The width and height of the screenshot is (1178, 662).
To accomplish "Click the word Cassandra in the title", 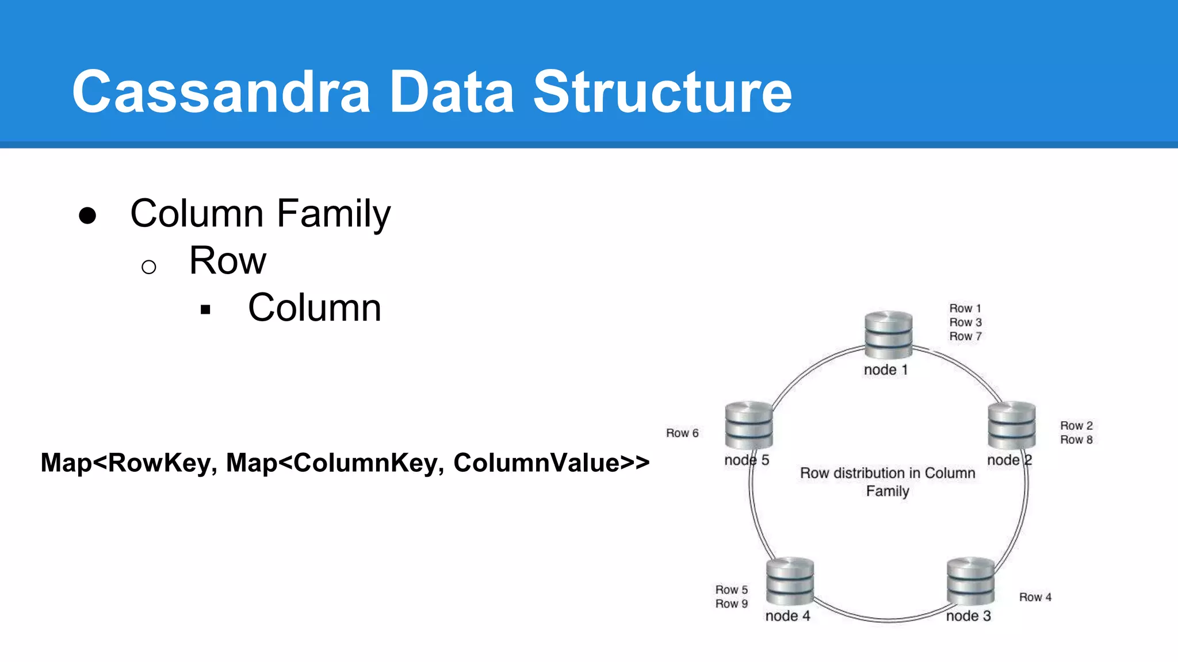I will (x=221, y=92).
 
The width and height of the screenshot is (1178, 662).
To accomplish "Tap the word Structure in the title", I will (x=662, y=92).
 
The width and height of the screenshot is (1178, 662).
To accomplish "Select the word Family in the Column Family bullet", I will (x=334, y=214).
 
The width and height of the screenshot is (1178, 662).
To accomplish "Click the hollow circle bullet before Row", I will (x=148, y=267).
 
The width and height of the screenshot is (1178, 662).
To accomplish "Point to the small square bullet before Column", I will (x=205, y=310).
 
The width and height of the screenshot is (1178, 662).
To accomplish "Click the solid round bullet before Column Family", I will (x=87, y=216).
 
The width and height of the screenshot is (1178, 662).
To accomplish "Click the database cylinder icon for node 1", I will (x=888, y=335).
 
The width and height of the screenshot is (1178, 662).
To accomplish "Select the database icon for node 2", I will (x=1011, y=425).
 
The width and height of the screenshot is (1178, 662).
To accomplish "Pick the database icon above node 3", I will (x=970, y=580).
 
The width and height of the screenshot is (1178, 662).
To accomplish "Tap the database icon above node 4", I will (x=790, y=580).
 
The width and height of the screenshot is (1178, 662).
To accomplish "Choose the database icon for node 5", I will (x=749, y=425).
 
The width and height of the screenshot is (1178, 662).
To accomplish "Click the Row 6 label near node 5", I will (x=682, y=433).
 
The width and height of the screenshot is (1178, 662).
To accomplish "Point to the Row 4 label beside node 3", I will (x=1035, y=598).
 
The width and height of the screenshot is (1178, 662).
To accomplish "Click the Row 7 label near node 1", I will (x=965, y=337).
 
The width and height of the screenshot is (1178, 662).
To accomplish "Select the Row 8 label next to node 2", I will (x=1076, y=440).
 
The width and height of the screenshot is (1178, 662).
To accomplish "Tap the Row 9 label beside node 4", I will (x=731, y=604).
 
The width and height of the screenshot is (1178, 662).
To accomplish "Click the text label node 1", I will (x=886, y=370).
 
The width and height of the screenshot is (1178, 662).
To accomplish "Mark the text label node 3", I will (x=968, y=616).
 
